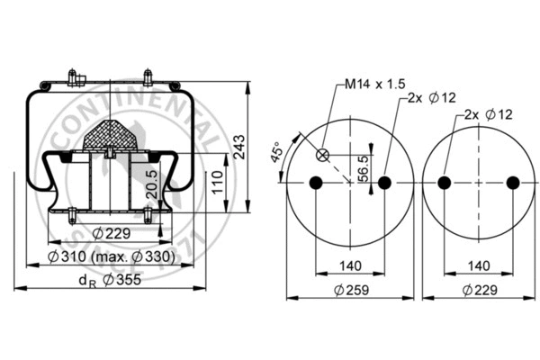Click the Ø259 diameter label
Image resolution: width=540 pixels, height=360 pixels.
click(x=350, y=290)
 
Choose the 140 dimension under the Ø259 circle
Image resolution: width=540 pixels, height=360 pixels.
click(x=350, y=266)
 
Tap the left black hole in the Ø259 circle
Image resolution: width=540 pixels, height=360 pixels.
click(x=315, y=184)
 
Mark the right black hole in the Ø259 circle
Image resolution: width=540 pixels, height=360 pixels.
click(x=385, y=184)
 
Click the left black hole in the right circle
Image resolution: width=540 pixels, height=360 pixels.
click(x=443, y=184)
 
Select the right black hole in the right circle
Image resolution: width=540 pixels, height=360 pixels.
click(x=513, y=184)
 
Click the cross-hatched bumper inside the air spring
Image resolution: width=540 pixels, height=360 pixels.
click(x=109, y=135)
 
